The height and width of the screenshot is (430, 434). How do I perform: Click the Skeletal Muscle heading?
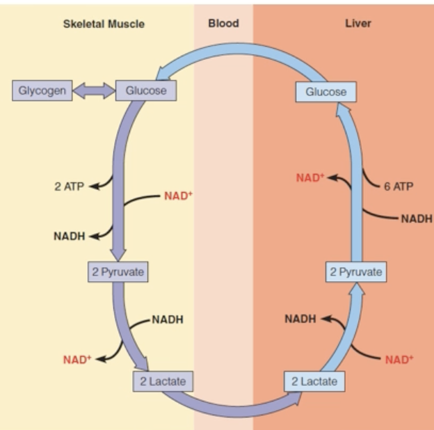(x=104, y=24)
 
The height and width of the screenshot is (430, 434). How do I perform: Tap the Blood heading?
(x=223, y=24)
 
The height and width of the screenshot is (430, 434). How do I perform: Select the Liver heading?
(x=358, y=24)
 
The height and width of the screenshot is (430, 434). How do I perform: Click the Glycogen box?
(x=42, y=90)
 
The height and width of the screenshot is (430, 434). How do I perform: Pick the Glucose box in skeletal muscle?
(x=146, y=90)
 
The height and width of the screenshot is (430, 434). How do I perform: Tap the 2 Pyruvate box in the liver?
(x=356, y=272)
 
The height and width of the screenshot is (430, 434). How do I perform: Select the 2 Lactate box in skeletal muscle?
(x=162, y=381)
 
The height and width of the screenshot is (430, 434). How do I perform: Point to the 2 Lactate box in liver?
(x=314, y=381)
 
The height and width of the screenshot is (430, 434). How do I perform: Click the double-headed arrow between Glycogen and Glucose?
(x=94, y=90)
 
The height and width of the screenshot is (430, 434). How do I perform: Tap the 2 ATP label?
(x=69, y=187)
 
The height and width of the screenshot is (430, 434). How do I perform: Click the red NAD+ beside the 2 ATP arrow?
(x=178, y=196)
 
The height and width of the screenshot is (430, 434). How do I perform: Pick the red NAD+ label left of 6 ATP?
(x=310, y=177)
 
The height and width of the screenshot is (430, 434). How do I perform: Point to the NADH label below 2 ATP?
(x=69, y=236)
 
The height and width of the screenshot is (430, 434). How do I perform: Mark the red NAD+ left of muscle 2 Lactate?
(x=77, y=360)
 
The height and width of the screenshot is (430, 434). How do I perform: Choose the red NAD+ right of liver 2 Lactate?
(x=399, y=360)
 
